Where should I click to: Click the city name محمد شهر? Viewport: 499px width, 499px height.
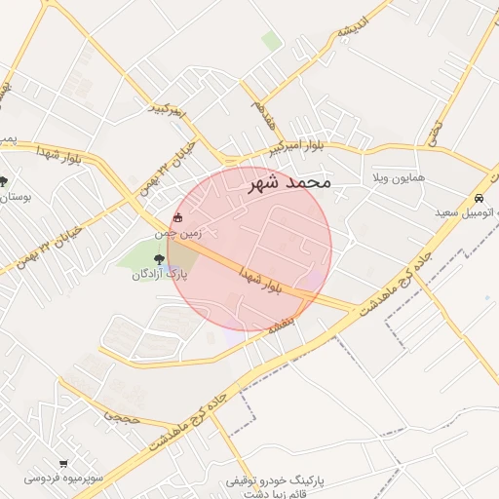[x=289, y=182]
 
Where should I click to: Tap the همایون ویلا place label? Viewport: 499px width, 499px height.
[x=390, y=180]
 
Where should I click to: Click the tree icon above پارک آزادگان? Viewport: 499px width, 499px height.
[x=159, y=259]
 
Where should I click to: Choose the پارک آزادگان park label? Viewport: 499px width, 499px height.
[x=159, y=275]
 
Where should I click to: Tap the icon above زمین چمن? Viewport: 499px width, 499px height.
[x=176, y=217]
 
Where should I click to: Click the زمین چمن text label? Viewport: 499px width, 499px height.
[x=176, y=233]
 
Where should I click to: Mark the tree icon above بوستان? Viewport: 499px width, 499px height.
[x=4, y=181]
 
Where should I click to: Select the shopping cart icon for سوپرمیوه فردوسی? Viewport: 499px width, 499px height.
[x=63, y=464]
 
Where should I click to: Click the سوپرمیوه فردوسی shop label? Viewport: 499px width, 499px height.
[x=59, y=479]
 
